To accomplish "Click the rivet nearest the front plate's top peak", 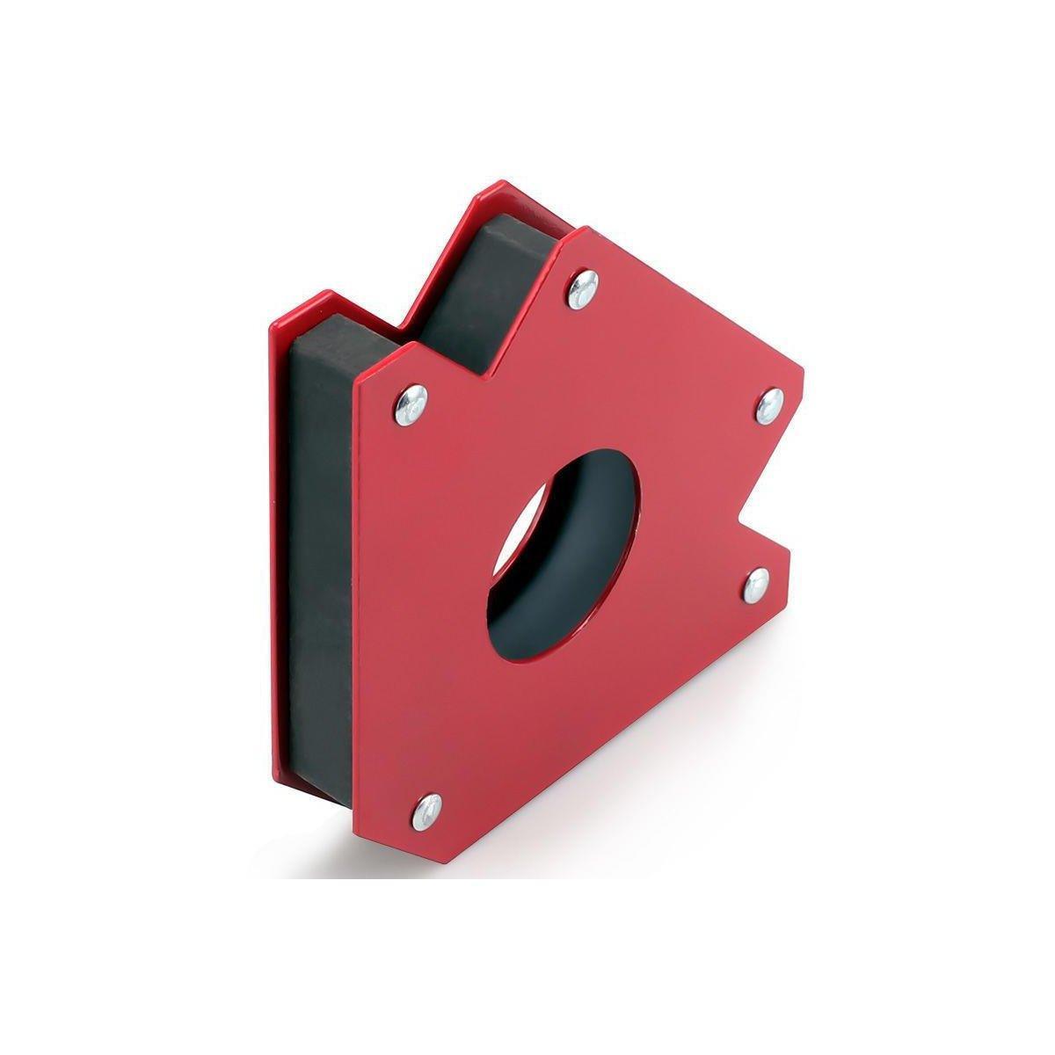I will pyautogui.click(x=582, y=288).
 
